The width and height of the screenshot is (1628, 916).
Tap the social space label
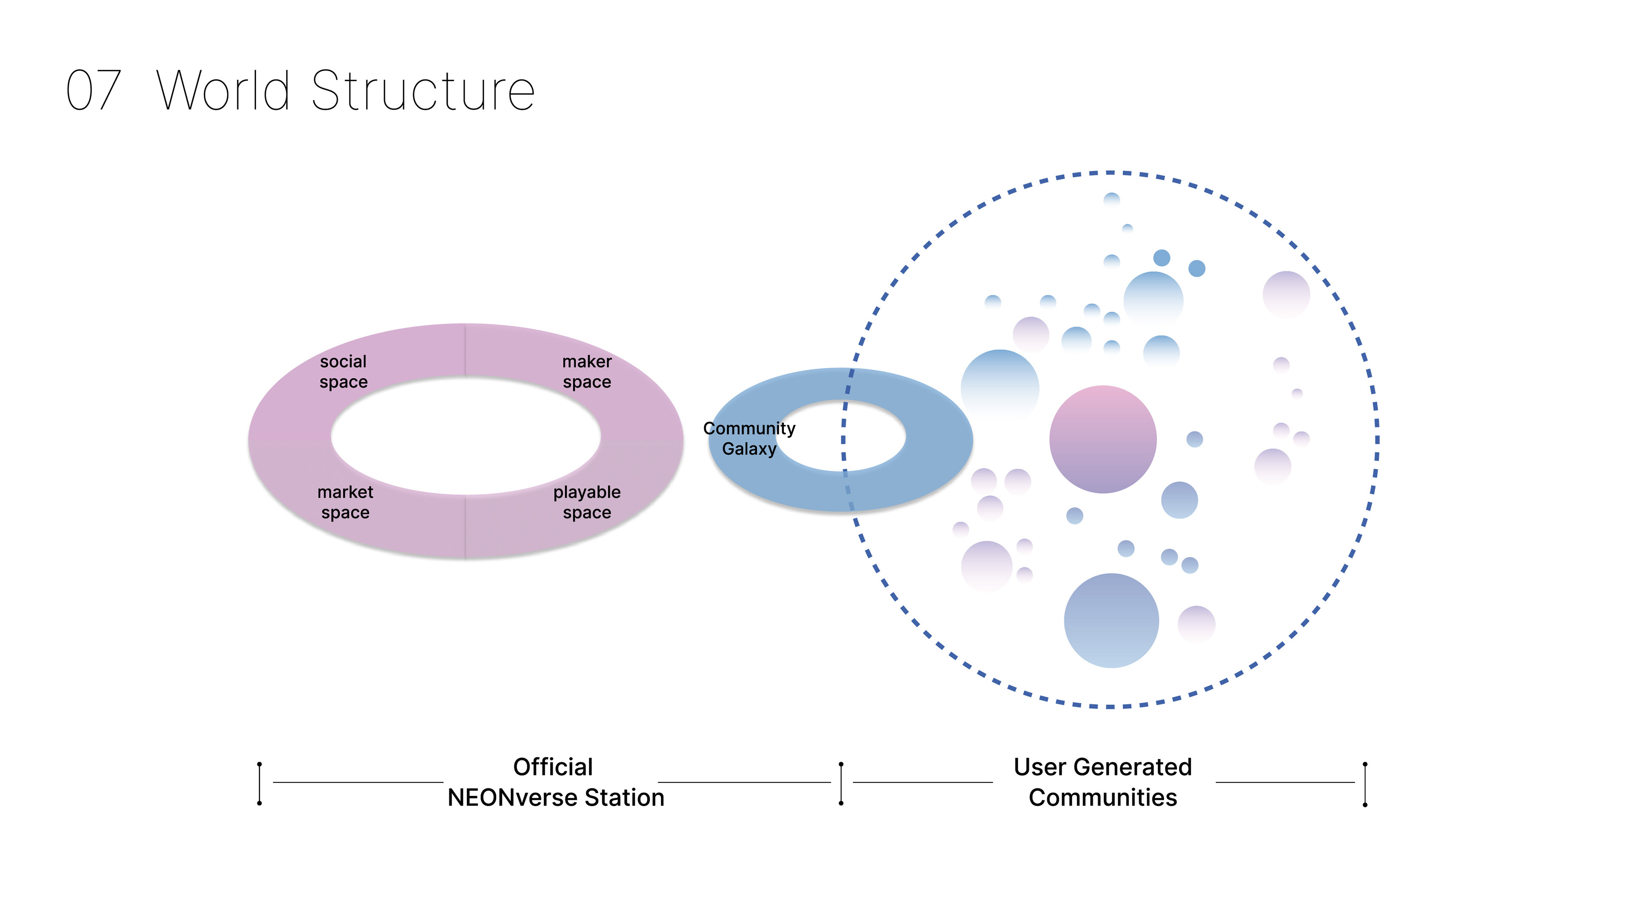(x=343, y=372)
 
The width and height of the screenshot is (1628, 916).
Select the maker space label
(x=586, y=372)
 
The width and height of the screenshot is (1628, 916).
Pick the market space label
(x=345, y=502)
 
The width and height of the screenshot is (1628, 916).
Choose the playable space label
(x=586, y=502)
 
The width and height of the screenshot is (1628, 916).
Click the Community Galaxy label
(x=749, y=438)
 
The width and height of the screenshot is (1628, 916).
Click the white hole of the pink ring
(x=466, y=436)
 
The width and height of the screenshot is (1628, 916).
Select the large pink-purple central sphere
(x=1103, y=439)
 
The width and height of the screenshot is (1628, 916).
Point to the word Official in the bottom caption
(x=553, y=767)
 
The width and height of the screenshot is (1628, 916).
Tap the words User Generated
(x=1102, y=767)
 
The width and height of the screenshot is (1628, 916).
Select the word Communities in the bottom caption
(x=1102, y=798)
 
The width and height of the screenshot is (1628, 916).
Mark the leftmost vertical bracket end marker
(x=259, y=783)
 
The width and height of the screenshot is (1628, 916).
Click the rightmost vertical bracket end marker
(x=1365, y=784)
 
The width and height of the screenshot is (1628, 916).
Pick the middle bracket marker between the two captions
(x=841, y=783)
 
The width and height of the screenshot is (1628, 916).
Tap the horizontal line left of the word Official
(x=358, y=782)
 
